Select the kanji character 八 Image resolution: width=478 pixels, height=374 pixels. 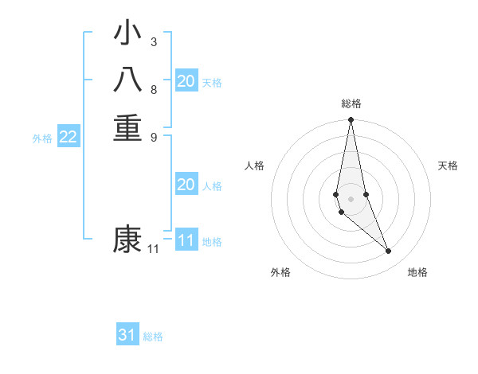[127, 81]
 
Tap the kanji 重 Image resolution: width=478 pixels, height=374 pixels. [127, 127]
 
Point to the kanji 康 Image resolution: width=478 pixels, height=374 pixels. [127, 239]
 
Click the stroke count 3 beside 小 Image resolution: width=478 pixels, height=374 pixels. [154, 41]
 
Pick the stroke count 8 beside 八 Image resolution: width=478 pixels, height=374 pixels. [154, 89]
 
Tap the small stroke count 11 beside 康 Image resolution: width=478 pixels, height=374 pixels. [154, 249]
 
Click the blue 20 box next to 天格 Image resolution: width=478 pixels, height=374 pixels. [186, 81]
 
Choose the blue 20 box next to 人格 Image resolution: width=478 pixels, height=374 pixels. [186, 185]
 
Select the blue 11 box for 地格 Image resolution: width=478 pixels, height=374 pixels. [186, 240]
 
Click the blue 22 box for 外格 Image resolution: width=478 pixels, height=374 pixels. [69, 137]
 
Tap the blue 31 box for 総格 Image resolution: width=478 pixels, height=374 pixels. [127, 335]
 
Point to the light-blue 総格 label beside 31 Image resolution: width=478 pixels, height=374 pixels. [153, 337]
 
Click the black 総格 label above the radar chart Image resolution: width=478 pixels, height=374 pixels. [351, 103]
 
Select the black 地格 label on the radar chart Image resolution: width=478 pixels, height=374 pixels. [417, 272]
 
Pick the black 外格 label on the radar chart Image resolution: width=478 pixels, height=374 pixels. [280, 272]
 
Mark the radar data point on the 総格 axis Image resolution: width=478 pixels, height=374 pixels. [351, 120]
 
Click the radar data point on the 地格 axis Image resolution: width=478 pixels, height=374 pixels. [389, 251]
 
